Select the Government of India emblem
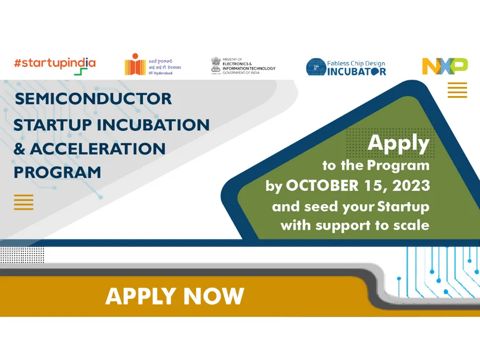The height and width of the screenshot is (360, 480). point(215,65)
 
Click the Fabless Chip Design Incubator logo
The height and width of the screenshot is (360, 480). point(346,67)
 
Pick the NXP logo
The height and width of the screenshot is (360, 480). point(445,66)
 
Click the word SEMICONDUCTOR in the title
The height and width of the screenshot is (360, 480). point(93,99)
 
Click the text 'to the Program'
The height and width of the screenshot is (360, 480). point(375,165)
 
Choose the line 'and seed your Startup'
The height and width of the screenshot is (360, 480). point(350,206)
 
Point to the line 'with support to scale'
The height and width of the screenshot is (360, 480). point(355,225)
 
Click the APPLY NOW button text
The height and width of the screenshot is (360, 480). point(174,296)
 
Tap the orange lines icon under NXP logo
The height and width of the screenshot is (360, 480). point(457,90)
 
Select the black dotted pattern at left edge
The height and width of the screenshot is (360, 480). point(21,254)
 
